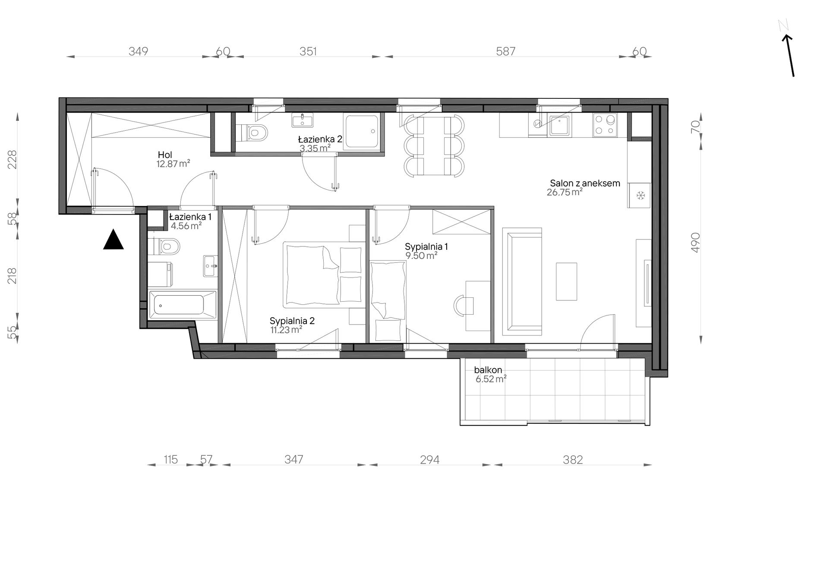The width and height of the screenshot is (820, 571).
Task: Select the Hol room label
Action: click(x=165, y=155)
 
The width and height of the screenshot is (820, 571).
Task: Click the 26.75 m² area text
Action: click(x=565, y=192)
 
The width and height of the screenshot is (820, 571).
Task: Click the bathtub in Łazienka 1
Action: click(x=182, y=305)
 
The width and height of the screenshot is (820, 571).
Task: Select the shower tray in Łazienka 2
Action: click(x=362, y=132)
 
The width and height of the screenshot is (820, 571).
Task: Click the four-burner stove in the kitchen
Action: click(x=605, y=125)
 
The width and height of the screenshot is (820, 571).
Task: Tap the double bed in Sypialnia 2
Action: click(x=323, y=274)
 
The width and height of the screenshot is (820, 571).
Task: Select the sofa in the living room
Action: click(x=522, y=281)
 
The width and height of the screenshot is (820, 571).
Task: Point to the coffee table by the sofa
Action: click(x=566, y=281)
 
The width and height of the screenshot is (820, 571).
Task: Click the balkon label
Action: click(x=488, y=370)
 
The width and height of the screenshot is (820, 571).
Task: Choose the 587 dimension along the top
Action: click(x=506, y=51)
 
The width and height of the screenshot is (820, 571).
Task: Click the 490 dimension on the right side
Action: click(x=695, y=243)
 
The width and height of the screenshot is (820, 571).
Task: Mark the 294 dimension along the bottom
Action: click(x=430, y=460)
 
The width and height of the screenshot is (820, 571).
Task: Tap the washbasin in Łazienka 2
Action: click(x=303, y=120)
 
